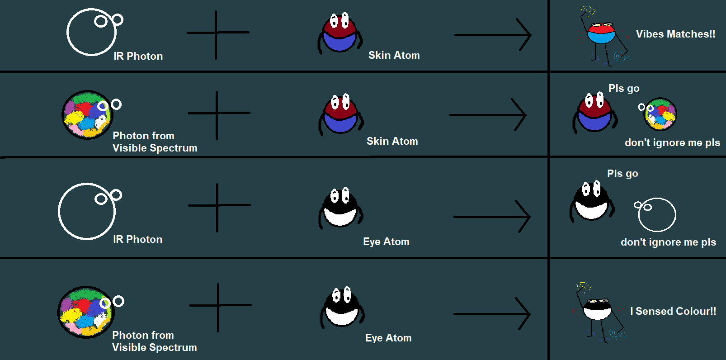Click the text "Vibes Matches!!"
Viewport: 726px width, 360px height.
click(675, 34)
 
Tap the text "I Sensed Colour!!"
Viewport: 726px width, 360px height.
click(673, 311)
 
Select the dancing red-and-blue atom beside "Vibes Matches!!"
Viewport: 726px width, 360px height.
click(601, 34)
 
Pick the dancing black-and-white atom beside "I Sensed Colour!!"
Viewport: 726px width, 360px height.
click(597, 310)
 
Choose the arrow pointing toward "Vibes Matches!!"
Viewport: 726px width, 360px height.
click(493, 35)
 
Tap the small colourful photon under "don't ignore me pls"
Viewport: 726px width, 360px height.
click(660, 114)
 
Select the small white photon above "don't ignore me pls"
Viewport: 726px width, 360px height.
click(656, 214)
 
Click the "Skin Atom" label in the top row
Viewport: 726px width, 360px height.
click(394, 55)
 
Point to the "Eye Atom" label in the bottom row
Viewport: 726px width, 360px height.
click(388, 338)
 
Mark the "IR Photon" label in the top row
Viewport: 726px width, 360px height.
click(138, 56)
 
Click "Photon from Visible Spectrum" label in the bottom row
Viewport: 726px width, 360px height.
click(154, 341)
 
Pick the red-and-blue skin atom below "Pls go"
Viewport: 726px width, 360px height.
click(595, 114)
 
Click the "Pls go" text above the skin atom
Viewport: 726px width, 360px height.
click(624, 88)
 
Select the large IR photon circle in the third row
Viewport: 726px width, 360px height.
click(87, 211)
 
